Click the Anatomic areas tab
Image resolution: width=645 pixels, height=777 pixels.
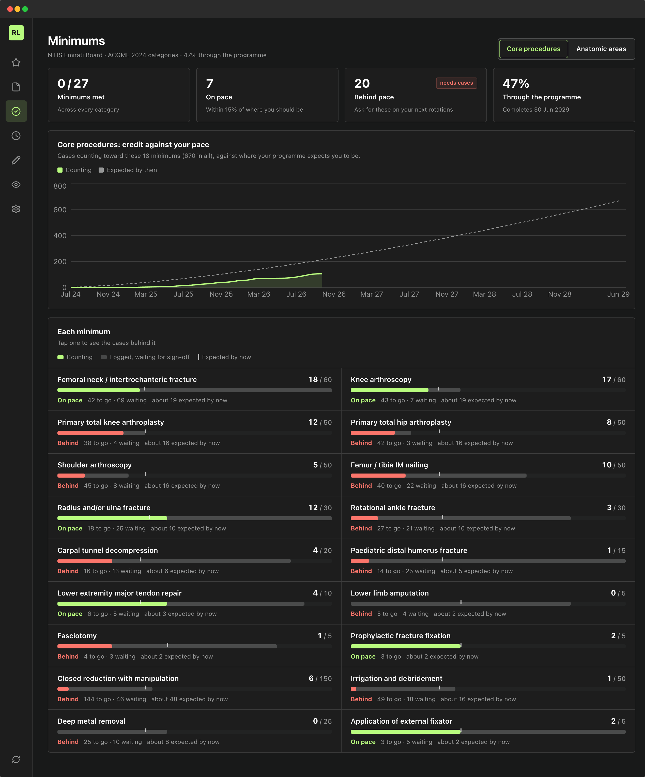click(x=601, y=49)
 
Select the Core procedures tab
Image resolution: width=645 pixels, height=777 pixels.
click(x=533, y=49)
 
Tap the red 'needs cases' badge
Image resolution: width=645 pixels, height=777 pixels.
click(x=456, y=83)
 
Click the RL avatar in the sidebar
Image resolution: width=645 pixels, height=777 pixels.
click(x=16, y=33)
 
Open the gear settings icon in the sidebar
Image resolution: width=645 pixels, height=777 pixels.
click(x=16, y=209)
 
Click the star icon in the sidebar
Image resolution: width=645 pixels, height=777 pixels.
click(x=16, y=63)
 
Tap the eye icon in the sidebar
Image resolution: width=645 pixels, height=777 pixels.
click(x=16, y=185)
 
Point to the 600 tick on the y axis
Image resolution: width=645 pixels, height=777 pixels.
click(x=60, y=210)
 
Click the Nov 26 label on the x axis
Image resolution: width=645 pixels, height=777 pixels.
click(x=334, y=294)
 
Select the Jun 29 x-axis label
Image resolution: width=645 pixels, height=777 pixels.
click(x=618, y=294)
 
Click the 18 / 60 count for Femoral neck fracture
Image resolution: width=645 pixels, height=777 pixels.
click(x=320, y=380)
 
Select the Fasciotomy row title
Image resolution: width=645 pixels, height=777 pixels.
click(x=77, y=636)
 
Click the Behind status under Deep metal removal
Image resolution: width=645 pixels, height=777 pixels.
click(x=68, y=742)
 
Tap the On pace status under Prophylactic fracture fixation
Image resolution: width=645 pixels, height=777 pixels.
click(x=363, y=656)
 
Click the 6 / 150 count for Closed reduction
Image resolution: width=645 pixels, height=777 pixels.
click(x=320, y=679)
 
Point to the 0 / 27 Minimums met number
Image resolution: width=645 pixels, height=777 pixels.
click(x=73, y=84)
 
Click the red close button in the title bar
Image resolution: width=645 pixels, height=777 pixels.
click(x=10, y=9)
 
